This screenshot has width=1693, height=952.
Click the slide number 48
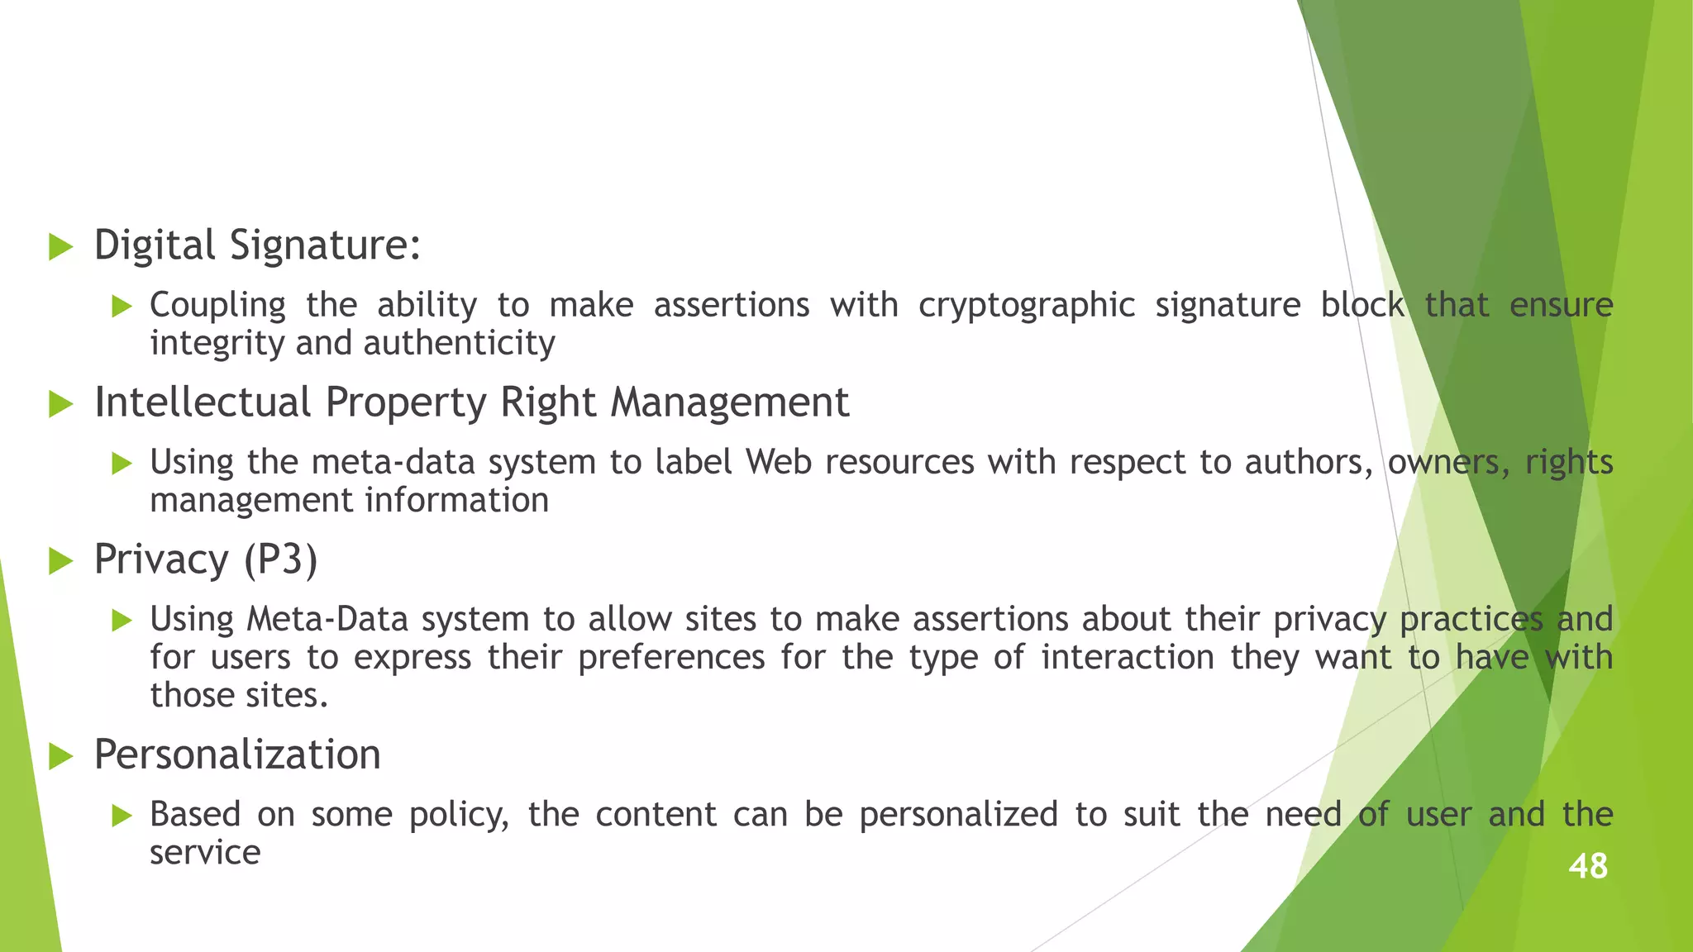point(1587,866)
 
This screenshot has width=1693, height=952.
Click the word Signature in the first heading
point(325,245)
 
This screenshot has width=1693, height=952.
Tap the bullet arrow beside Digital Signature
point(60,247)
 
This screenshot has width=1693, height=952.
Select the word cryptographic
point(1026,306)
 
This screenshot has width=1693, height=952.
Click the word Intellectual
point(203,402)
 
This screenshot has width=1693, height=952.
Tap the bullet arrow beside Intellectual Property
point(60,404)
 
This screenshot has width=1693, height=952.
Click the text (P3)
point(280,559)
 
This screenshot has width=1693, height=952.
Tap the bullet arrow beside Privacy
point(60,561)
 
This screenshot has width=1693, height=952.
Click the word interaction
point(1127,658)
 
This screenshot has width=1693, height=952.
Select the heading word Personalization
point(237,754)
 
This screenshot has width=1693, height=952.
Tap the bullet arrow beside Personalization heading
point(60,756)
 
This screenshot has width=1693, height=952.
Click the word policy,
point(459,815)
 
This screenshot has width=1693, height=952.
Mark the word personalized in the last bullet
point(958,815)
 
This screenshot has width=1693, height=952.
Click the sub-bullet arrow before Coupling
point(122,307)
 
